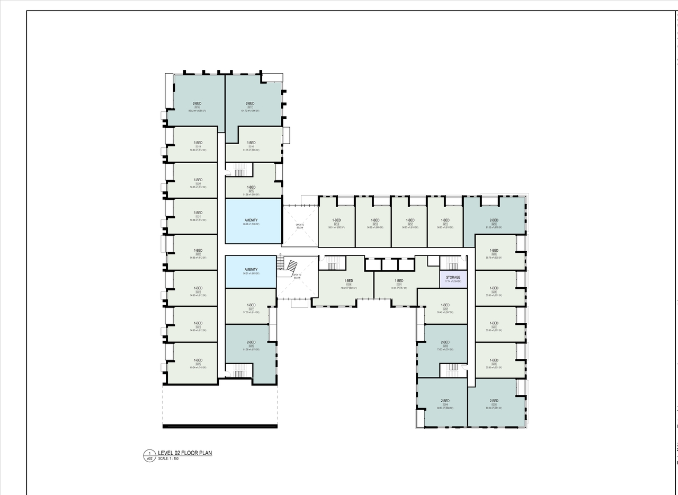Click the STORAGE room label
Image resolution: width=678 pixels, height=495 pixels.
coord(453,277)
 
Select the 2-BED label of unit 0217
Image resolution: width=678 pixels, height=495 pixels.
coord(250,103)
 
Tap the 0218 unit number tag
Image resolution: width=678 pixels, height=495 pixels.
coord(197,107)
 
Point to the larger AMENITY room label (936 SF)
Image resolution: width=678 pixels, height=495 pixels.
coord(251,220)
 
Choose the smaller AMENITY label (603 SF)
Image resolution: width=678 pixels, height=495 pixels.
coord(251,270)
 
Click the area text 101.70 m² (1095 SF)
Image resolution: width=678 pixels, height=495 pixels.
coord(250,111)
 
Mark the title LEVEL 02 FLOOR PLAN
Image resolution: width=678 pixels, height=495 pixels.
coord(185,453)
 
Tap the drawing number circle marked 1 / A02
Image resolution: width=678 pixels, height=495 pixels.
coord(149,456)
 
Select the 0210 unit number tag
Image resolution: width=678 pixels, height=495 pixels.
coord(494,224)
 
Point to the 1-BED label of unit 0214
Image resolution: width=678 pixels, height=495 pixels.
coord(336,220)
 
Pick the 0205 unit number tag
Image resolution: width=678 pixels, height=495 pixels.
coord(494,404)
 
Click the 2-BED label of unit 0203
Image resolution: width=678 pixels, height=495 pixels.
coord(445,342)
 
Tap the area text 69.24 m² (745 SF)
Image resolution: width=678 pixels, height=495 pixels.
coord(198,367)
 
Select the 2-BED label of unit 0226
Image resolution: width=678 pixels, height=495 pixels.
coord(251,342)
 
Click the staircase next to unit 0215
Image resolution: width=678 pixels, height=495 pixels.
coord(239,170)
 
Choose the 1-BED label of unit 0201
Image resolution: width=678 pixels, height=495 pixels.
coord(399,280)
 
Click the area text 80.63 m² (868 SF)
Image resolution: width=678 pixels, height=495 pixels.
coord(445,408)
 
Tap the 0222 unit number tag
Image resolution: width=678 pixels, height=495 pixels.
coord(198,254)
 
